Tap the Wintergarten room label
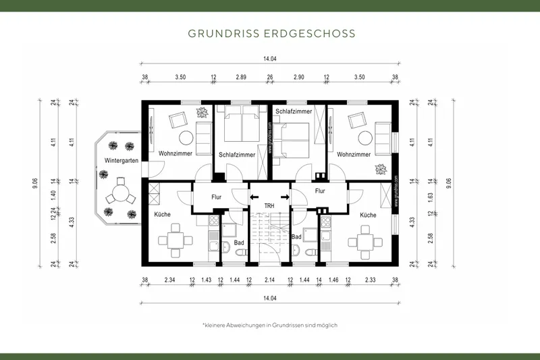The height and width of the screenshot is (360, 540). [x=122, y=161]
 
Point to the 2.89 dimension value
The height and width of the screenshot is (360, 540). [x=241, y=78]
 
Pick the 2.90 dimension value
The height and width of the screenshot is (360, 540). [x=298, y=78]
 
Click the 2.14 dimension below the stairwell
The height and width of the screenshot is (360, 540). [x=269, y=280]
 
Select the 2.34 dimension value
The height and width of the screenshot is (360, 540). [x=170, y=280]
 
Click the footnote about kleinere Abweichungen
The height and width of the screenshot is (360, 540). [x=269, y=325]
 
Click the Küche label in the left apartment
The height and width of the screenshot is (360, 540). [x=162, y=215]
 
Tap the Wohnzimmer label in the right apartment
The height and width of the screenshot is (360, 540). [x=354, y=154]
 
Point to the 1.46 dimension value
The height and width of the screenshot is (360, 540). [x=332, y=280]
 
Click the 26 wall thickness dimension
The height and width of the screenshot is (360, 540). [x=270, y=78]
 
